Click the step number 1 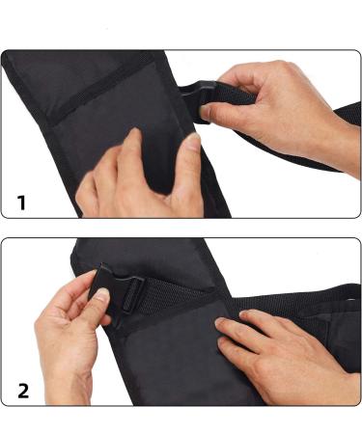point(22,203)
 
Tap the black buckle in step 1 point(193,100)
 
